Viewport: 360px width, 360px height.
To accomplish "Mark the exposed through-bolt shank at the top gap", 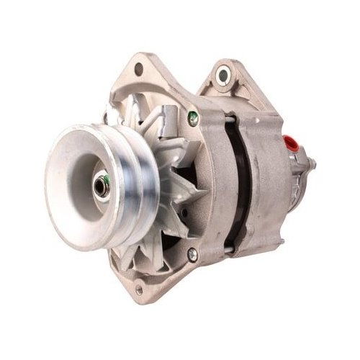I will [x=229, y=115].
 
